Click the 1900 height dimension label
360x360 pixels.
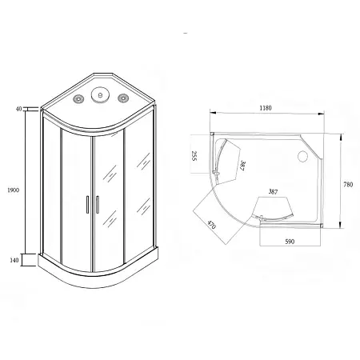coord(13,190)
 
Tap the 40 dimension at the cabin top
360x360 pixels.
coord(18,109)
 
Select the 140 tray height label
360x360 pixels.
coord(14,260)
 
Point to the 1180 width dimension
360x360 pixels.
coord(266,108)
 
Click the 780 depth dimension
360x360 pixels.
coord(348,185)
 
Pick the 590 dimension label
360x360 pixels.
coord(290,242)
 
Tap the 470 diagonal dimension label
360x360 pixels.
coord(211,226)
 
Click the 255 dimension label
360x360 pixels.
coord(194,156)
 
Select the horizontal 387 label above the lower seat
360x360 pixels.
coord(273,191)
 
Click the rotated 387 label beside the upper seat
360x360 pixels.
coord(242,166)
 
